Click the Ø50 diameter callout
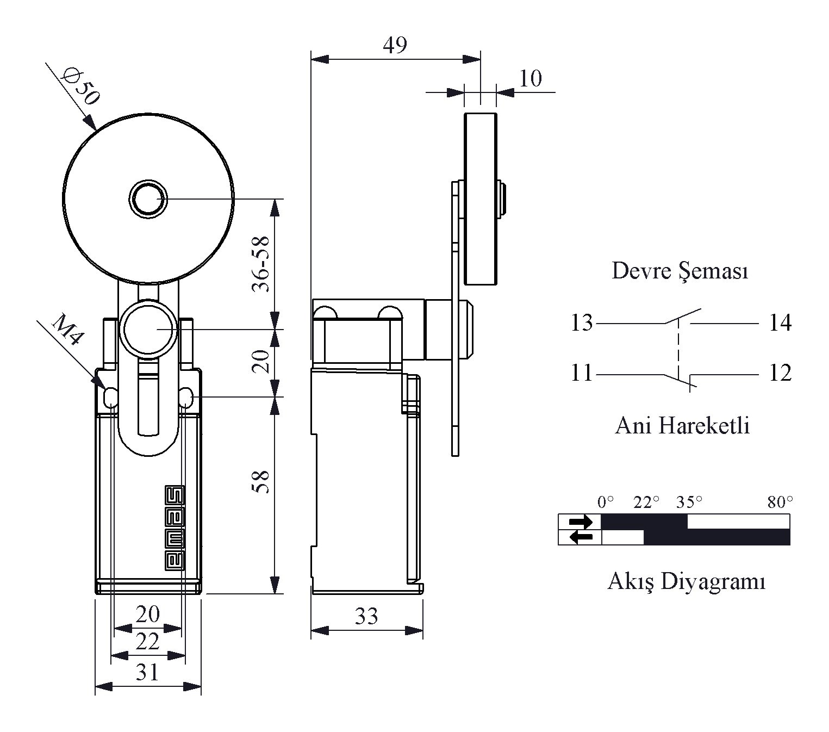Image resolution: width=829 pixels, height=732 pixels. pos(80,87)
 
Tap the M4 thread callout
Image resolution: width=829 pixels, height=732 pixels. pos(68,330)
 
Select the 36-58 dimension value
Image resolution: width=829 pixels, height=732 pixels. pos(260,264)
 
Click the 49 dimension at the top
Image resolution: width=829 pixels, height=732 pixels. pos(395,45)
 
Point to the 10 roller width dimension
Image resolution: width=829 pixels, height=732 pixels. pos(531,78)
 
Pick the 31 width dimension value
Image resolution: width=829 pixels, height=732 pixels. pos(147,672)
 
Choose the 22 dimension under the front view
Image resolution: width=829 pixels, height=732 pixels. pos(147,642)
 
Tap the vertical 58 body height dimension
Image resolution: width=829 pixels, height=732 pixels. pos(260,481)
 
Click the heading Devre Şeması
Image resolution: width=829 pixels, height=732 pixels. pos(680,271)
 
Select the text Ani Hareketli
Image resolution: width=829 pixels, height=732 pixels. pos(682,425)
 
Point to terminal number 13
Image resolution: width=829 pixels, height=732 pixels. pos(582,322)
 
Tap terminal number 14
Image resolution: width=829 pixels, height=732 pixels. pos(780,322)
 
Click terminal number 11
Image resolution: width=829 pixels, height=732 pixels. pos(582,373)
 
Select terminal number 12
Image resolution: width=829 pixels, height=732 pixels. pos(780,373)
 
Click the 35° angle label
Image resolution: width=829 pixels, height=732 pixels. pos(689,502)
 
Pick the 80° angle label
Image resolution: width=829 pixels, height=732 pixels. pos(780,502)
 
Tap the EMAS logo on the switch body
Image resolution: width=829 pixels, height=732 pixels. pos(174,528)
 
